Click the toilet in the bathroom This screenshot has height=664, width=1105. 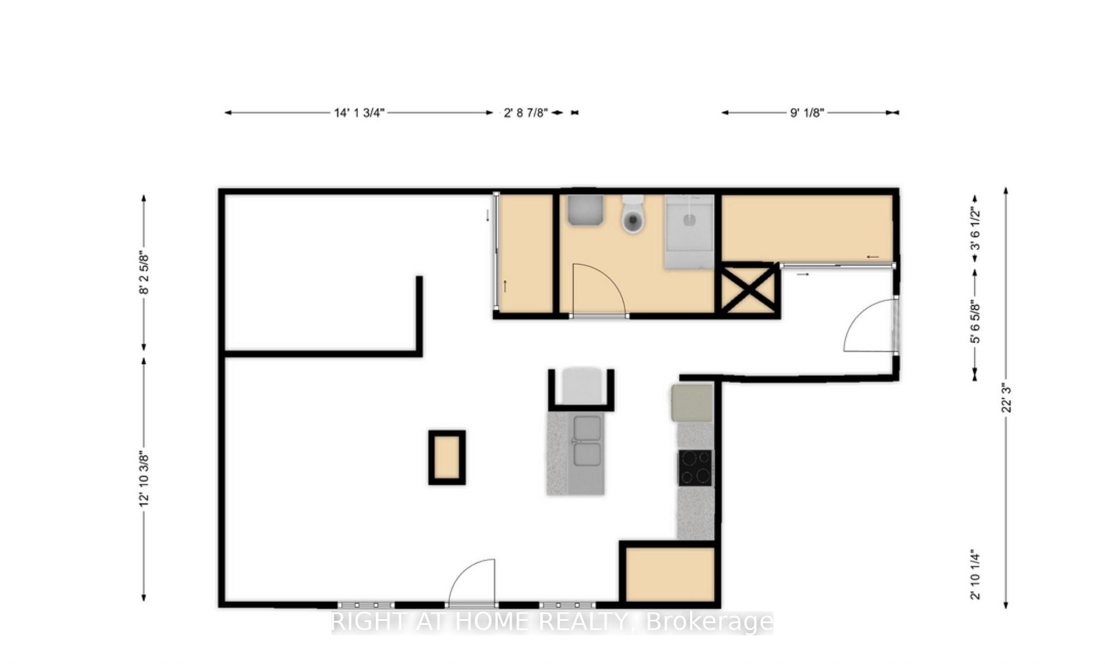pyautogui.click(x=633, y=214)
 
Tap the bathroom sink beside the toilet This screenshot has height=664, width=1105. pyautogui.click(x=585, y=210)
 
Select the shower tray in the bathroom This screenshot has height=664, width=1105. pyautogui.click(x=689, y=231)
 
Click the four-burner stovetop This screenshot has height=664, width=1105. pyautogui.click(x=695, y=468)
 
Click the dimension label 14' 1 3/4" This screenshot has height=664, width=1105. pyautogui.click(x=359, y=113)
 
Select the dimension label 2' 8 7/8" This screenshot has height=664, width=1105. pyautogui.click(x=525, y=113)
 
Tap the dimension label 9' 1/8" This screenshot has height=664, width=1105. pyautogui.click(x=807, y=113)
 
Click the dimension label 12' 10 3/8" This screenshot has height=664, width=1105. pyautogui.click(x=144, y=480)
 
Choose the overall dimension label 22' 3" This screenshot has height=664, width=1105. pyautogui.click(x=1006, y=398)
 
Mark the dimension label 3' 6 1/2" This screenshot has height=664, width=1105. pyautogui.click(x=975, y=229)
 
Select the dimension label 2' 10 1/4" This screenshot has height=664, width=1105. pyautogui.click(x=975, y=575)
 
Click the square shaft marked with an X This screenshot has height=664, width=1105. pyautogui.click(x=748, y=289)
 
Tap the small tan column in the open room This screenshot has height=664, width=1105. pyautogui.click(x=447, y=457)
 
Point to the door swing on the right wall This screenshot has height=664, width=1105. pyautogui.click(x=858, y=315)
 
